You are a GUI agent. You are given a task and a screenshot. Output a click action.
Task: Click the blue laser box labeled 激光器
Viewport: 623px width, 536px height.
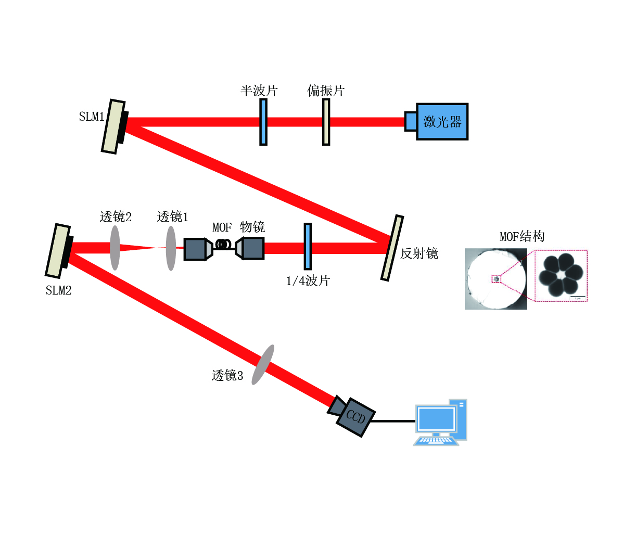[441, 122]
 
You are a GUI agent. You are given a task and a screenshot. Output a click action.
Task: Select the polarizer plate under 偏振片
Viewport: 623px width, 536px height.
[326, 122]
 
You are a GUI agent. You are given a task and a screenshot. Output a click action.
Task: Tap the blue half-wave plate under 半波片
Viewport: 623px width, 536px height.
[263, 122]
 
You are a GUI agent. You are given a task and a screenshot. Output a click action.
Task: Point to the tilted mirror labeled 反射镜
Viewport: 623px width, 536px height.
[392, 248]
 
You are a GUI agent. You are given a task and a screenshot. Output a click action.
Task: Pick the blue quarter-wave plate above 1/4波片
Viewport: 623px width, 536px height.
[308, 246]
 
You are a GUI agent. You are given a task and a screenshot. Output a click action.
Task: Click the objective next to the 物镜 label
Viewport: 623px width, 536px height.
[250, 248]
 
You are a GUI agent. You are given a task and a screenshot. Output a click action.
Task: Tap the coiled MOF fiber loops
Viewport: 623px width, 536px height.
[224, 244]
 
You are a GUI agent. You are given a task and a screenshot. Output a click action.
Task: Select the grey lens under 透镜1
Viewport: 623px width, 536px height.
[171, 248]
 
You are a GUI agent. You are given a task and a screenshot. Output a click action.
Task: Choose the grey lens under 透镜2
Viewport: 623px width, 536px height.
[115, 248]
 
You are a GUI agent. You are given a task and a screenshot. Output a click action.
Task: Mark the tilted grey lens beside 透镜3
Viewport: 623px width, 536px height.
[263, 365]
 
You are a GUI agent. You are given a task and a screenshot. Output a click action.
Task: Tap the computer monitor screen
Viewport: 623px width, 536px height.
[436, 419]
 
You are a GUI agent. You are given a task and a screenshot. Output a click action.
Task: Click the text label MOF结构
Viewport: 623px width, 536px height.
[522, 237]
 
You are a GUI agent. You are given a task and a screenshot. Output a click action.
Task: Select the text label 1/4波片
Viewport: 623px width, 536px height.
[308, 281]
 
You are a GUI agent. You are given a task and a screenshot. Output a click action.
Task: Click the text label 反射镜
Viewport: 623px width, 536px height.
[419, 254]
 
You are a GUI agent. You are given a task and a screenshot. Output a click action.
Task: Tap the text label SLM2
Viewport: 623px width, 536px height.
[58, 290]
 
